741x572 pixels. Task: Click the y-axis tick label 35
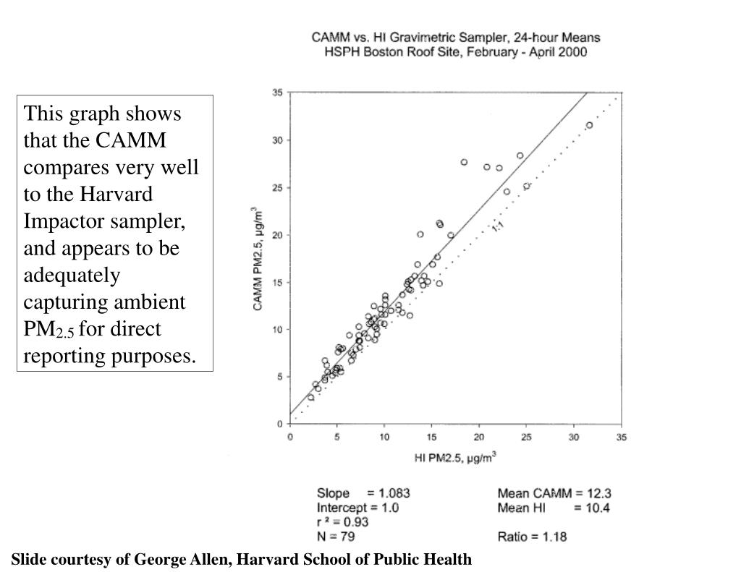277,93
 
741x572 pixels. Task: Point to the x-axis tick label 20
479,437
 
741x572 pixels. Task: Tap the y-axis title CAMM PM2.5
258,259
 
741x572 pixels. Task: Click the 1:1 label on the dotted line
498,227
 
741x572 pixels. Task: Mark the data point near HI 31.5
589,125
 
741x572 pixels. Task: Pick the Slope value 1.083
394,493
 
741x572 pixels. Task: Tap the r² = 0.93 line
343,522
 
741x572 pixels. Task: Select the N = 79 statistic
336,537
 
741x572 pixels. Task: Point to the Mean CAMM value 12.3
598,493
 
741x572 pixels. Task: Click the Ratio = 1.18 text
532,537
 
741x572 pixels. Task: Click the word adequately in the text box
72,275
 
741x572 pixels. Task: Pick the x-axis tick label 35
622,437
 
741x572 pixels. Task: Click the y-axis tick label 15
277,282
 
